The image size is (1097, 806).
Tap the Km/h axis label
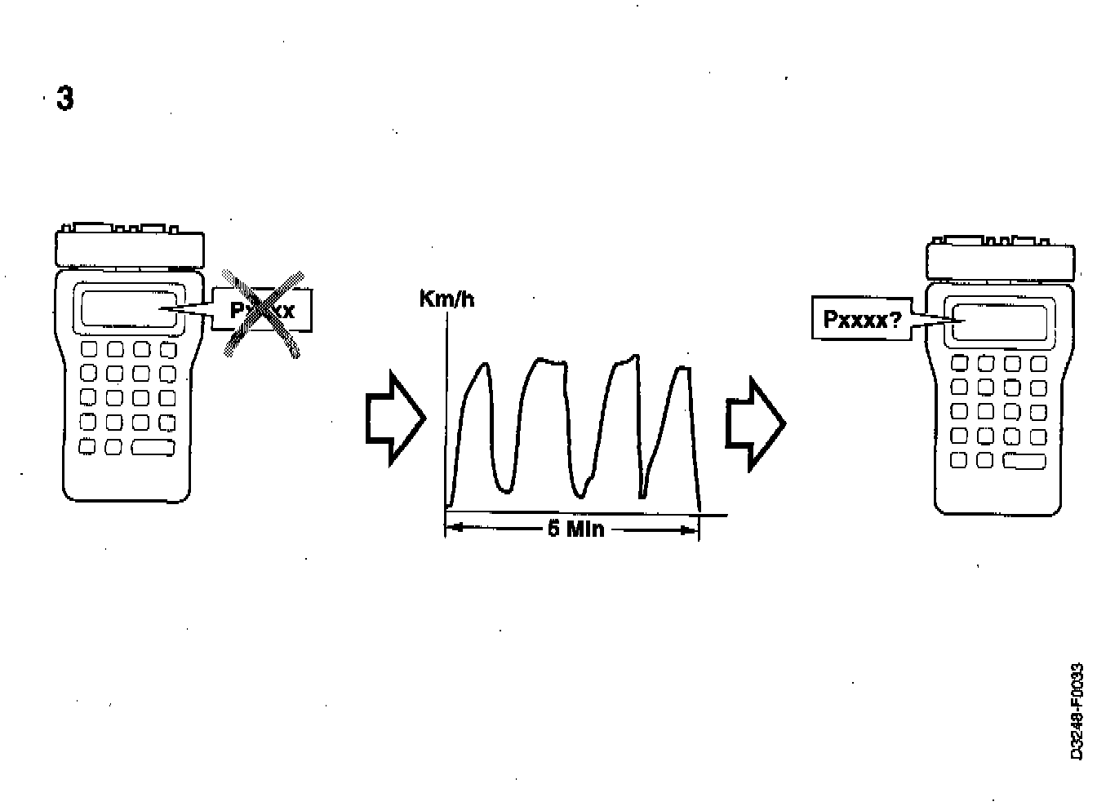[x=446, y=299]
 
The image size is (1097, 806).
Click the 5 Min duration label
[x=575, y=529]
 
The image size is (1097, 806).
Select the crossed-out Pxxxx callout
[x=263, y=311]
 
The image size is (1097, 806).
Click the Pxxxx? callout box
[x=862, y=319]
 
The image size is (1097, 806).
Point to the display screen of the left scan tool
[x=128, y=309]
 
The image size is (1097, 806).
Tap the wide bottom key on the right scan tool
[x=1024, y=461]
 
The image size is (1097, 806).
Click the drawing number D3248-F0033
[x=1077, y=711]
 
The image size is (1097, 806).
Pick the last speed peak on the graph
[x=682, y=370]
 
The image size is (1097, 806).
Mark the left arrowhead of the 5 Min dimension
[x=454, y=529]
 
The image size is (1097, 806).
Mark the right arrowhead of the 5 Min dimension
[x=691, y=529]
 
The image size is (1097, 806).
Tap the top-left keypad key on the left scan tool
[x=89, y=350]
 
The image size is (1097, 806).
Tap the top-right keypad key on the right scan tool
[x=1038, y=363]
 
